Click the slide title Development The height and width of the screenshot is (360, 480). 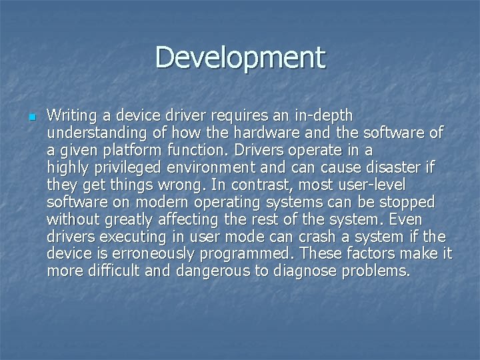(x=240, y=57)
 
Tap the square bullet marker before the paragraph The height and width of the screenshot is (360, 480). (x=31, y=117)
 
